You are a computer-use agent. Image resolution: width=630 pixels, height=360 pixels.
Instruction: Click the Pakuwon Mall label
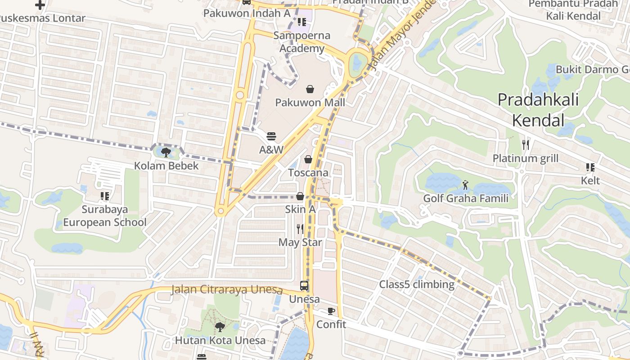point(310,103)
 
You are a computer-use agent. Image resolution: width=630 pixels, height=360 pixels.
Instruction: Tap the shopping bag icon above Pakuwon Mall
point(310,89)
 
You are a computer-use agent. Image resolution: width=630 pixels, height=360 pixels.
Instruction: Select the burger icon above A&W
point(271,136)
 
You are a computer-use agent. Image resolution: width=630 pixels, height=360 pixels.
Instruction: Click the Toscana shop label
point(308,173)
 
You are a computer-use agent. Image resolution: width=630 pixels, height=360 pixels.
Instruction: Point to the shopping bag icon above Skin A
point(300,196)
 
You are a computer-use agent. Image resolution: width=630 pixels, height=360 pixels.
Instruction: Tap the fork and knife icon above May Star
point(300,229)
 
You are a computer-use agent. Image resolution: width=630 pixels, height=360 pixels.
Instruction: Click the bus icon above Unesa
point(304,286)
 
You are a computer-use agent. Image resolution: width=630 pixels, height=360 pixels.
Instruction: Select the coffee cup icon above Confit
point(331,311)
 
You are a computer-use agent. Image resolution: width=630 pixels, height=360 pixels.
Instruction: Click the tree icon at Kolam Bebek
point(166,152)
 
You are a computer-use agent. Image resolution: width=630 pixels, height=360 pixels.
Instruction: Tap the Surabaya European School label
point(105,216)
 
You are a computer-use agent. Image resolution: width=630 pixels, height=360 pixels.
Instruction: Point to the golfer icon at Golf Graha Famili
point(465,184)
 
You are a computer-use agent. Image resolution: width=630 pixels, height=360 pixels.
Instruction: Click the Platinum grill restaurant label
point(525,158)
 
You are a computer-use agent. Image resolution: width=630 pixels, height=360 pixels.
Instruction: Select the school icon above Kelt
point(590,167)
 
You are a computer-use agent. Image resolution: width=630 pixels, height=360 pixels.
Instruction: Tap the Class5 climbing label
point(416,284)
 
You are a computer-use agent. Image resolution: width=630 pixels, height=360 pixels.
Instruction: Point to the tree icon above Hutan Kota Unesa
point(220,327)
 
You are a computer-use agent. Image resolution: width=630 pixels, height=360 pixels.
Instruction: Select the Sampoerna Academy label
point(302,42)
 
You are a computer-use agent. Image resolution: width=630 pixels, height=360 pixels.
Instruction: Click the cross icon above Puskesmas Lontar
point(40,5)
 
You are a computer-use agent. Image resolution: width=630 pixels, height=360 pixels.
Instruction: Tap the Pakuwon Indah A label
point(247,13)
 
